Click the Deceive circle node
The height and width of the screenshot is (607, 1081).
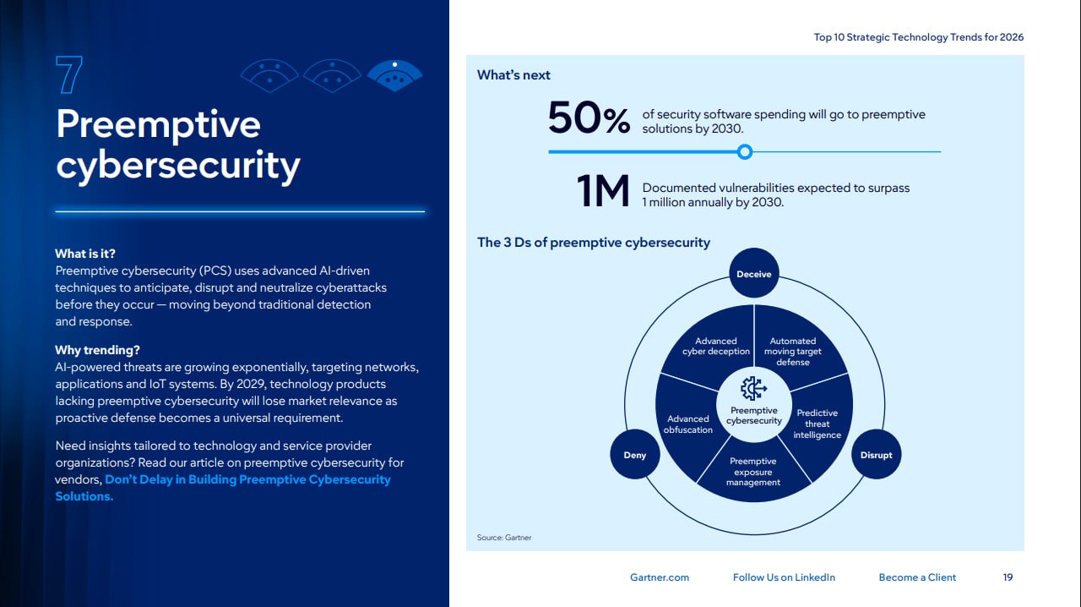click(754, 274)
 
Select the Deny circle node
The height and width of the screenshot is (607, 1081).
click(634, 455)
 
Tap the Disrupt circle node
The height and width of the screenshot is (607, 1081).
click(876, 455)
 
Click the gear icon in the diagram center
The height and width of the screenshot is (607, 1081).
click(753, 389)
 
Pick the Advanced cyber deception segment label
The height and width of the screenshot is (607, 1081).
click(716, 347)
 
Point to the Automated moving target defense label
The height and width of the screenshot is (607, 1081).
click(792, 352)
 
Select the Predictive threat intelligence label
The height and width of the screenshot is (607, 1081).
click(817, 424)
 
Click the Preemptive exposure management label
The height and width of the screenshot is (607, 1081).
click(752, 472)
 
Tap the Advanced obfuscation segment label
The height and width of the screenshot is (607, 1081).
click(688, 424)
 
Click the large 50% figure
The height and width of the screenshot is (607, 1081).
click(589, 119)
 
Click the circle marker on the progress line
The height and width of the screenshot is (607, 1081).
click(744, 152)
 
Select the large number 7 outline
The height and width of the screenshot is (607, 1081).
click(69, 76)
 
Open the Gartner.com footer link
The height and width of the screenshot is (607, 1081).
click(660, 577)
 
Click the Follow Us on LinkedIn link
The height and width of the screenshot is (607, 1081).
click(784, 577)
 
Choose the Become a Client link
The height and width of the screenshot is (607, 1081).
click(917, 577)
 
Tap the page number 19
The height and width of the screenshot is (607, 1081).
click(1008, 577)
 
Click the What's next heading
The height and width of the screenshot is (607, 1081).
click(513, 75)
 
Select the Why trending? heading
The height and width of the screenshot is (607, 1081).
click(97, 350)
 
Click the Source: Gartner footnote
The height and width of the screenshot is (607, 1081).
click(504, 538)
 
